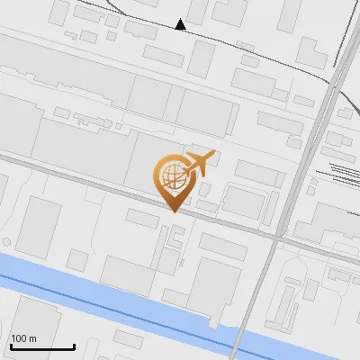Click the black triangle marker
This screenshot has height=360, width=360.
point(181,24)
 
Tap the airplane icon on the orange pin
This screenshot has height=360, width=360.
point(199,163)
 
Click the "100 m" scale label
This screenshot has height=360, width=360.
point(23,338)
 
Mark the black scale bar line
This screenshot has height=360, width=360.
point(42,346)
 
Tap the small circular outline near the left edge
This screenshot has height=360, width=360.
point(7,242)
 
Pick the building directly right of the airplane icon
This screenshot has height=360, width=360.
point(258,174)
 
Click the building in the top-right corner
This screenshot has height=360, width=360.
point(290,14)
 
